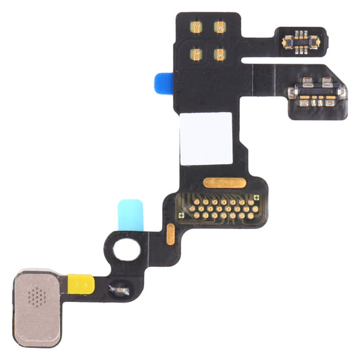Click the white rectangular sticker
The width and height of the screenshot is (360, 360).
(205, 138)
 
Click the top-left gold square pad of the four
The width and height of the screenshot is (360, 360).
(197, 28)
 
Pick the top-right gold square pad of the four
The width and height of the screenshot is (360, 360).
(220, 27)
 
